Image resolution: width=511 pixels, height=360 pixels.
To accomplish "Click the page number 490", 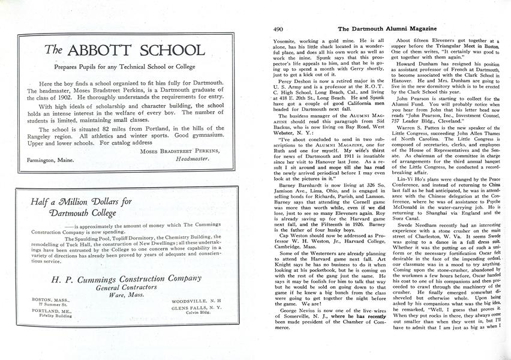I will (x=278, y=28).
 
